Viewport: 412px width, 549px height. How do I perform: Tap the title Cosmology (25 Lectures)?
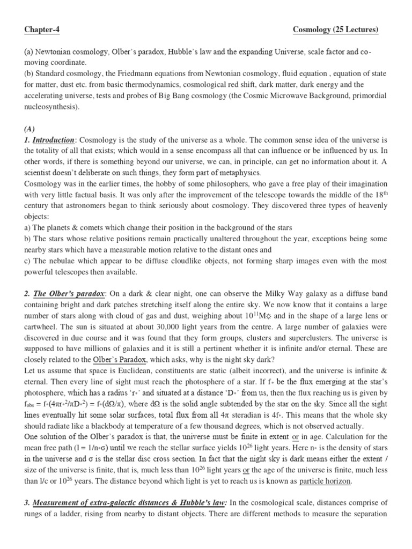pos(336,30)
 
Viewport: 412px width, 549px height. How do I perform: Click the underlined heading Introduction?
pos(53,140)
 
